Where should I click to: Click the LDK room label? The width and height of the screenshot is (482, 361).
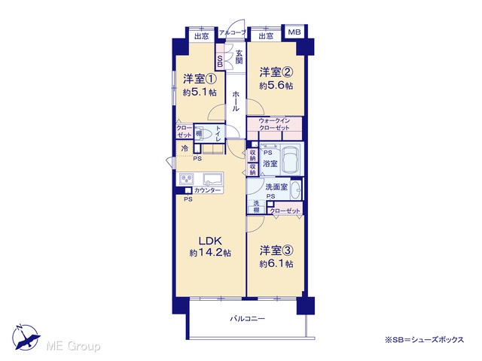pyautogui.click(x=210, y=241)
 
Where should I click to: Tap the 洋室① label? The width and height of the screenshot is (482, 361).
pyautogui.click(x=200, y=79)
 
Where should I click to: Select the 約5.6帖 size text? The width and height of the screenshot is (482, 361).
pyautogui.click(x=276, y=86)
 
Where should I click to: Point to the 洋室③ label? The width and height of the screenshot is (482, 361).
pyautogui.click(x=276, y=250)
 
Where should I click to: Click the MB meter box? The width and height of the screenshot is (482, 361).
pyautogui.click(x=294, y=32)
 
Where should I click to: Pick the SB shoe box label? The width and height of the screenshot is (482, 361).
pyautogui.click(x=220, y=61)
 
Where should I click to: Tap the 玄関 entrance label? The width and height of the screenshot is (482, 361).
pyautogui.click(x=239, y=57)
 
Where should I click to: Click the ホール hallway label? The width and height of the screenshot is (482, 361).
pyautogui.click(x=236, y=101)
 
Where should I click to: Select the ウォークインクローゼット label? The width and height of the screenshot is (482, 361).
pyautogui.click(x=274, y=124)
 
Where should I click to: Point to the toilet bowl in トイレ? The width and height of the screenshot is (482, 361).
pyautogui.click(x=206, y=134)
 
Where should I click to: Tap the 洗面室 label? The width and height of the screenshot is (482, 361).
pyautogui.click(x=276, y=187)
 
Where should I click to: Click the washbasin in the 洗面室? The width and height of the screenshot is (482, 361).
pyautogui.click(x=296, y=190)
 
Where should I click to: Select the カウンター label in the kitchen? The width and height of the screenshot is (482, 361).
pyautogui.click(x=207, y=190)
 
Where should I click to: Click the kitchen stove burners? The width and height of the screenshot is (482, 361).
pyautogui.click(x=186, y=179)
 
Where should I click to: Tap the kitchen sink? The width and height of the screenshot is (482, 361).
pyautogui.click(x=212, y=179)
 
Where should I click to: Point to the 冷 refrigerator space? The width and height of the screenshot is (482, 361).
pyautogui.click(x=185, y=149)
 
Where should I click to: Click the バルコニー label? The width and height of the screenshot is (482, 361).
pyautogui.click(x=247, y=319)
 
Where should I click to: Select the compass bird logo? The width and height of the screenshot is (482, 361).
pyautogui.click(x=26, y=338)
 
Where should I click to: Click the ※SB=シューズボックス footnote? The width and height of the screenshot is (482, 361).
pyautogui.click(x=424, y=340)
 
